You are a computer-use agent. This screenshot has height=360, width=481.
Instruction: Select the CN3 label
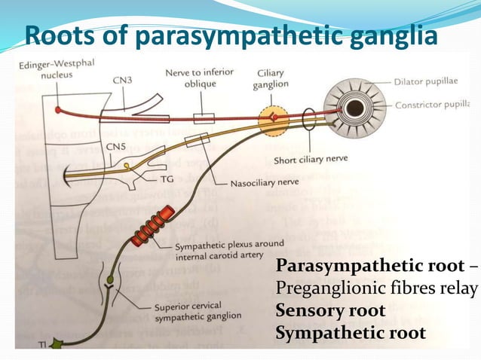click(126, 78)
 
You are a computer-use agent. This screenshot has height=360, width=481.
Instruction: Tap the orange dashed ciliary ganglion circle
click(274, 119)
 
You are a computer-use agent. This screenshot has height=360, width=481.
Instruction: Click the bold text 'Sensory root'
click(331, 310)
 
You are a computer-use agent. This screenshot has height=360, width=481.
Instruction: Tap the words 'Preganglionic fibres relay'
click(377, 288)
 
